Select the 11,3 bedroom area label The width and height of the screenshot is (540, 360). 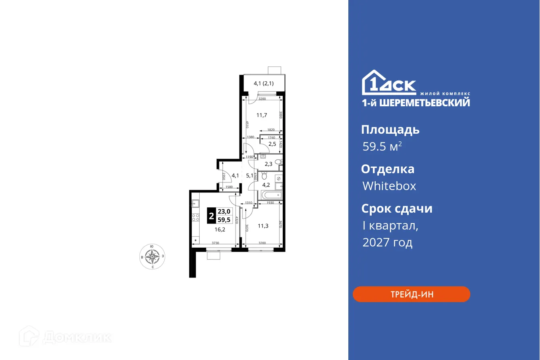pyautogui.click(x=263, y=226)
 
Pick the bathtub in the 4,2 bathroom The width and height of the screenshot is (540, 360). pyautogui.click(x=272, y=196)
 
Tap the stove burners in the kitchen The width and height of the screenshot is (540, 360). pyautogui.click(x=196, y=218)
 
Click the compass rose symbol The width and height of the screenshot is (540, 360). pyautogui.click(x=152, y=256)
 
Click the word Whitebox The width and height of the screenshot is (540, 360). pyautogui.click(x=389, y=186)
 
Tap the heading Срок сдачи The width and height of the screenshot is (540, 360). pyautogui.click(x=397, y=209)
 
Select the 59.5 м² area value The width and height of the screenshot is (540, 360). pyautogui.click(x=382, y=147)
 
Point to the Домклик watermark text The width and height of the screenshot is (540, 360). pyautogui.click(x=77, y=337)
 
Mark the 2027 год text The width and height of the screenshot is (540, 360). pyautogui.click(x=387, y=242)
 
